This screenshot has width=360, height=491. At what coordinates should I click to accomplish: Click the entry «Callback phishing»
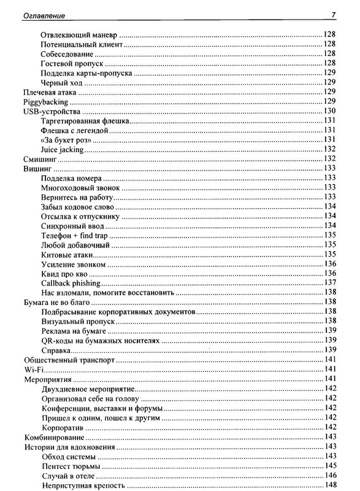71,283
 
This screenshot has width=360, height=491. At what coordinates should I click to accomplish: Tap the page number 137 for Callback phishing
329,283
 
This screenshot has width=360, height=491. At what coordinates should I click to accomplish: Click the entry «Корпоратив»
63,427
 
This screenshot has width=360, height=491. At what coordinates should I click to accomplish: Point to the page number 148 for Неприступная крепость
329,486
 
